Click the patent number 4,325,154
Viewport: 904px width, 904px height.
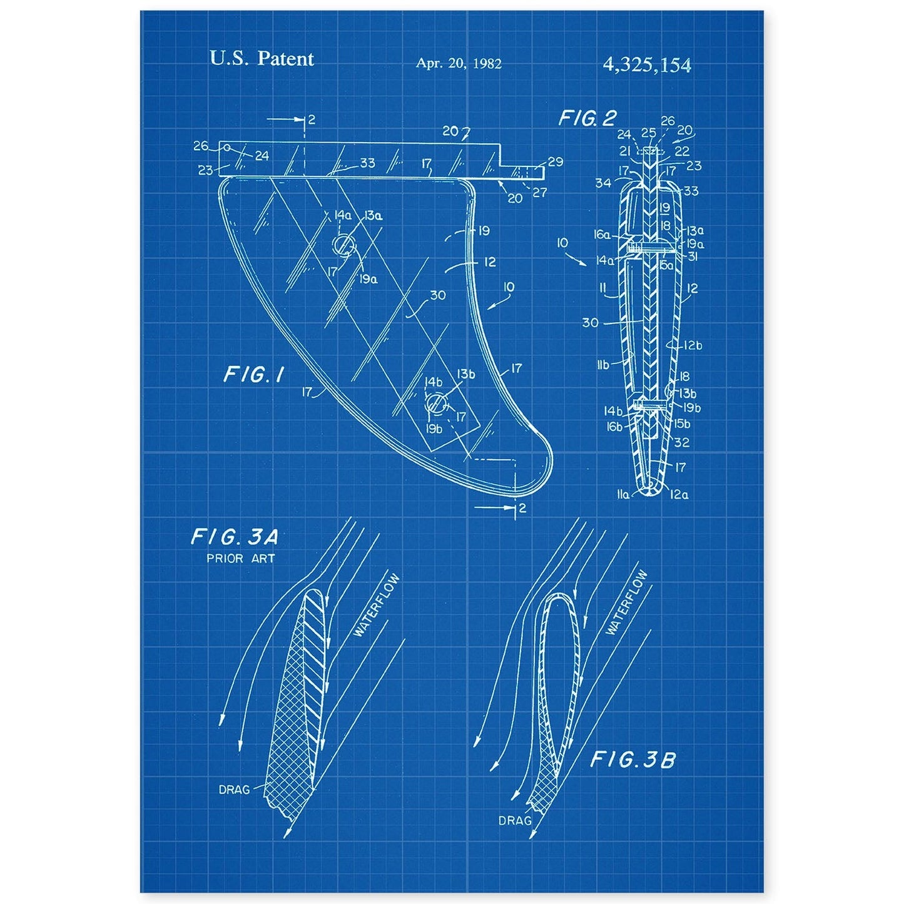tap(646, 64)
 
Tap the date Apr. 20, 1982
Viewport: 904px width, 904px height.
tap(459, 63)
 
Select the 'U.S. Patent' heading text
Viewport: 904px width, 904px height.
tap(262, 59)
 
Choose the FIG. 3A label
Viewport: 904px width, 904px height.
tap(234, 537)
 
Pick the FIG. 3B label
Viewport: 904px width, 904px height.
tap(633, 760)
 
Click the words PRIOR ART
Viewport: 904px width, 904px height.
tap(241, 559)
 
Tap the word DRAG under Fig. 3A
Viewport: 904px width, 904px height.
tap(234, 790)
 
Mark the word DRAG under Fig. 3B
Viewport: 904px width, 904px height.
tap(515, 820)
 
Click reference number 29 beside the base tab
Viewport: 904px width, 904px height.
tap(555, 162)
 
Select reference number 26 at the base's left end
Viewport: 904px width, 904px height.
tap(201, 146)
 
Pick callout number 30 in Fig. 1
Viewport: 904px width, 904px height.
tap(438, 294)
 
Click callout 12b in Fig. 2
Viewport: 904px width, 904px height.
tap(693, 345)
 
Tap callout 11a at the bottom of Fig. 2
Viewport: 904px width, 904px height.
tap(623, 494)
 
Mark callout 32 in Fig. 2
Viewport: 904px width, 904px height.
tap(683, 442)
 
